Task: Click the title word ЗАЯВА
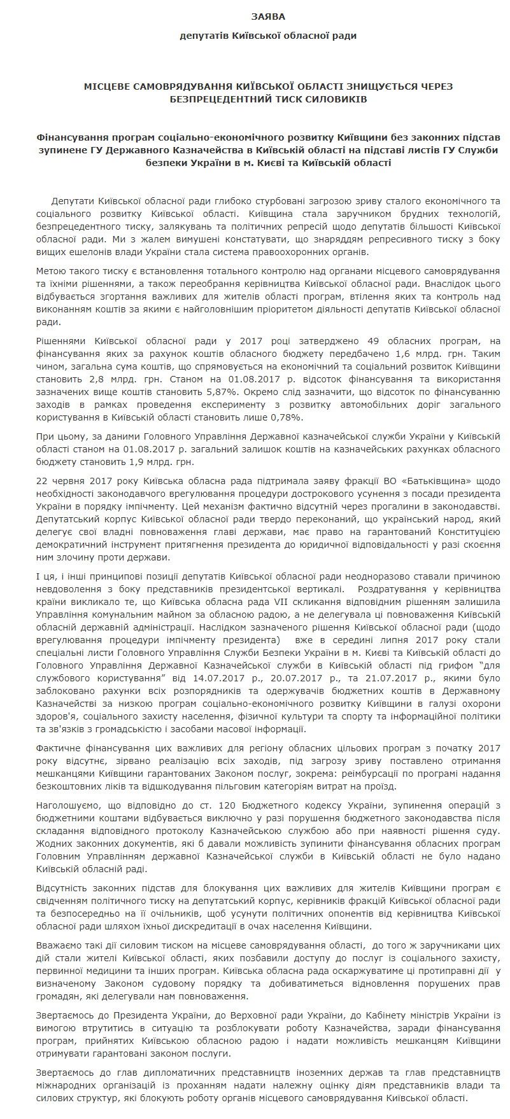click(268, 17)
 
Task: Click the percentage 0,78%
click(287, 417)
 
